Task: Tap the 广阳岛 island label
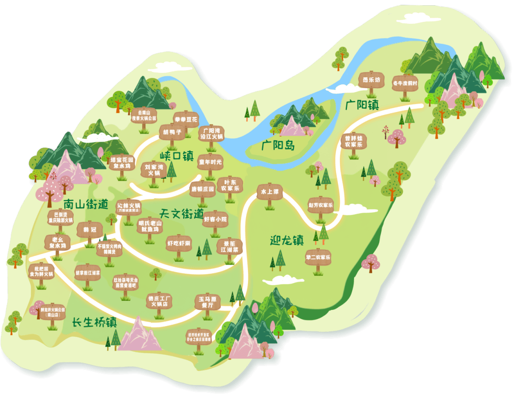(x=277, y=145)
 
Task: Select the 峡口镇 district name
(x=176, y=156)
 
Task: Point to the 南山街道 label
(x=86, y=205)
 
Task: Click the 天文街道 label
(x=181, y=214)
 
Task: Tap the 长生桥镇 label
(x=95, y=322)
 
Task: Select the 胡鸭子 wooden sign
(x=172, y=132)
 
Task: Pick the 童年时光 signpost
(x=210, y=162)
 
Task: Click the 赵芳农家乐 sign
(x=320, y=205)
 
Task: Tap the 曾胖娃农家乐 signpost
(x=354, y=141)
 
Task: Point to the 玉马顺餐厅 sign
(x=208, y=303)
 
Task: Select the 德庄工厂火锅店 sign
(x=159, y=301)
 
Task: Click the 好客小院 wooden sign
(x=216, y=220)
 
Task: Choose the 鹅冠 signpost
(x=89, y=230)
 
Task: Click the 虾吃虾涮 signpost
(x=178, y=243)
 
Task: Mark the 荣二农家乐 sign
(x=318, y=257)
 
